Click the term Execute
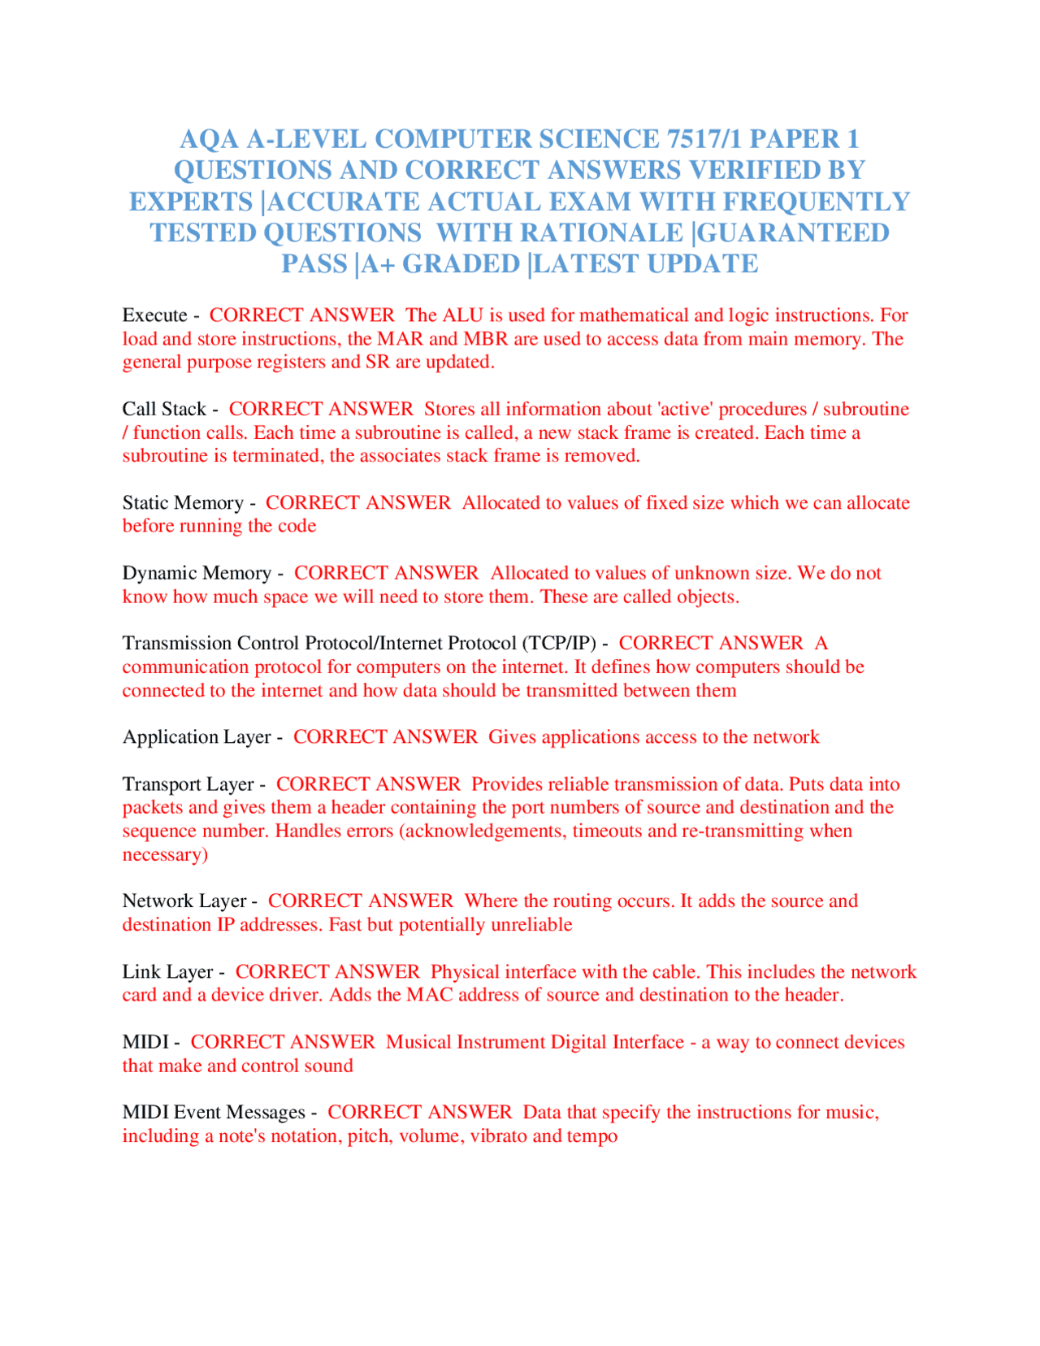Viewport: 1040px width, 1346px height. tap(155, 315)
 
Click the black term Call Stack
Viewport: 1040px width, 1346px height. tap(164, 409)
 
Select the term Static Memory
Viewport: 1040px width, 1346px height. tap(183, 503)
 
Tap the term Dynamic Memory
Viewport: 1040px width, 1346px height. tap(197, 573)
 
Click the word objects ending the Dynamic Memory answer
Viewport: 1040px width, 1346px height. tap(706, 597)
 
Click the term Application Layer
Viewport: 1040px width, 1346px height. tap(197, 737)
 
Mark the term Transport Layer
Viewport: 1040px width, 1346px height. tap(188, 784)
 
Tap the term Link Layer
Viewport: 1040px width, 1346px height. tap(167, 972)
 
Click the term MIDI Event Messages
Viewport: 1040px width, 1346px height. tap(214, 1113)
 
